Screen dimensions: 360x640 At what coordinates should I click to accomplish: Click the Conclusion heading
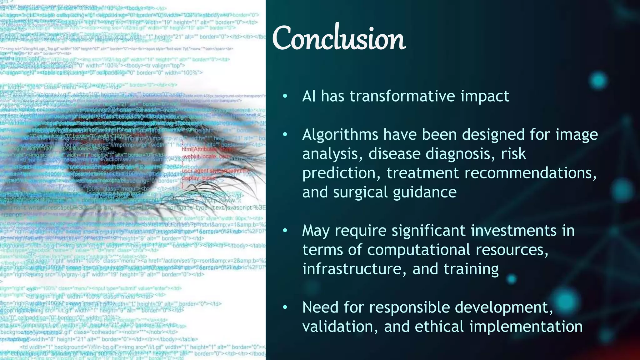(339, 39)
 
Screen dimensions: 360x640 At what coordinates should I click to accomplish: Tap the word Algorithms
(340, 135)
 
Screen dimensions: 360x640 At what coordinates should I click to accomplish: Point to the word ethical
(439, 327)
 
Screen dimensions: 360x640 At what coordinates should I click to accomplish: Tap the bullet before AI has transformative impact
(285, 97)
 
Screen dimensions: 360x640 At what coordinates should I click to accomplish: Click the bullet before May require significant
(285, 231)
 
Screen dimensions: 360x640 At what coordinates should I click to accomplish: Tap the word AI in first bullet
(309, 96)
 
